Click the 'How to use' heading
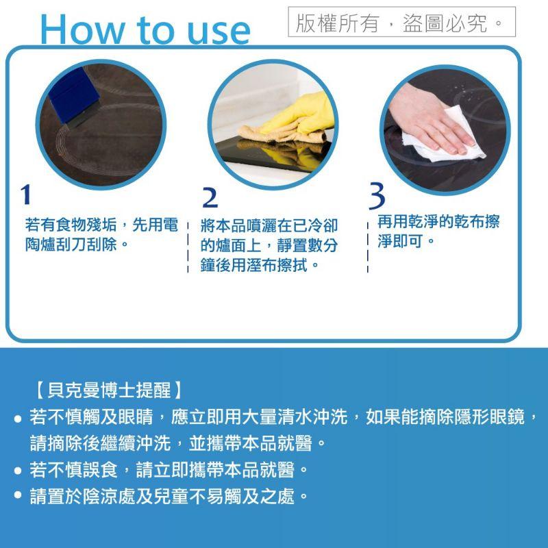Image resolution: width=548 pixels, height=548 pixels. tap(145, 29)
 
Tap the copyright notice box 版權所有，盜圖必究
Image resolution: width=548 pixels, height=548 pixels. tap(401, 23)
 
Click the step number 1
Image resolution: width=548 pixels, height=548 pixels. tap(25, 195)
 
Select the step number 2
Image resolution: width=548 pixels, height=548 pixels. tap(210, 197)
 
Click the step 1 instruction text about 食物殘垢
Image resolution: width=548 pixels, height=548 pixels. tap(101, 234)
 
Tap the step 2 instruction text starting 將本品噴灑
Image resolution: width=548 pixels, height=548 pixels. tap(269, 245)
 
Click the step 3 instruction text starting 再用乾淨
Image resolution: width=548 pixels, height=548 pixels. tap(438, 232)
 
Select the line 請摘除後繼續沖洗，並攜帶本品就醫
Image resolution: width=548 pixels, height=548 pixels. tap(177, 443)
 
